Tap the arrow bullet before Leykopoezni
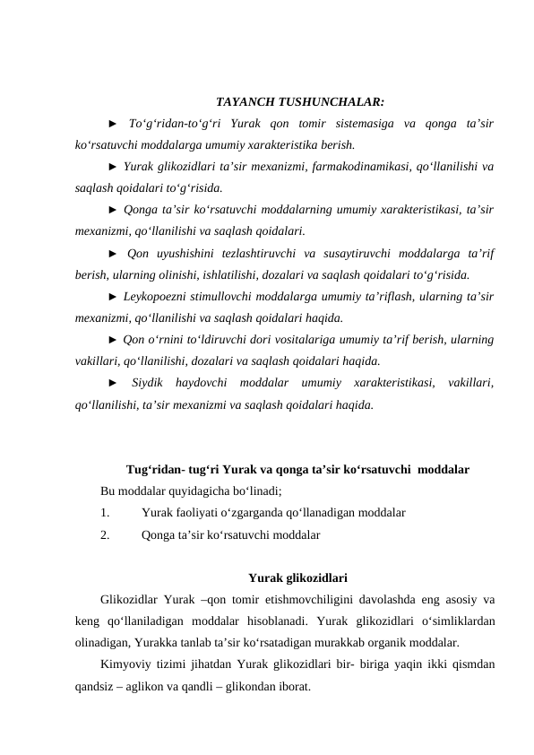[112, 297]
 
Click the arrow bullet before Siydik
[112, 384]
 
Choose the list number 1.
[105, 513]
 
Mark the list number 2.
[105, 535]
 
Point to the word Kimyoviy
[124, 664]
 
